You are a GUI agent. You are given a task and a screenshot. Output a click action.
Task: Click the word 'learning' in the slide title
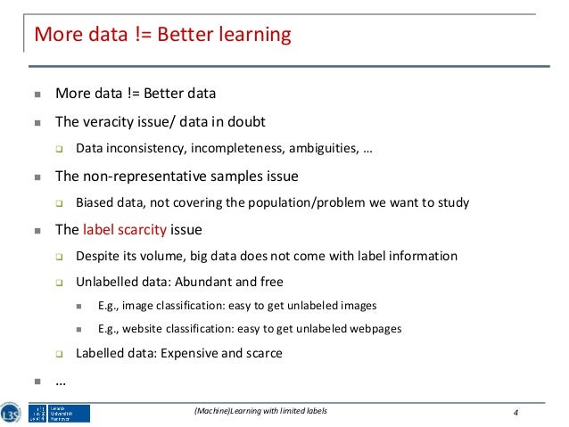(x=255, y=36)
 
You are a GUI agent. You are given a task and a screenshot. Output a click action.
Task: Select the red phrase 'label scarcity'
(x=125, y=229)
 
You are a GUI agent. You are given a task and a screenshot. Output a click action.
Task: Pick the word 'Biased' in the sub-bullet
(x=96, y=202)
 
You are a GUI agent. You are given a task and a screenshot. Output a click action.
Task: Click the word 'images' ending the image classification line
(x=358, y=305)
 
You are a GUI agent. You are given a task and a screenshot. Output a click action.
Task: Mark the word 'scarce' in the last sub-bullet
(x=263, y=353)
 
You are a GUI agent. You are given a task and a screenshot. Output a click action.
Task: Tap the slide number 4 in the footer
(x=516, y=411)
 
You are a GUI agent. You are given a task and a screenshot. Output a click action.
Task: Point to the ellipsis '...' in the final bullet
(x=62, y=381)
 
